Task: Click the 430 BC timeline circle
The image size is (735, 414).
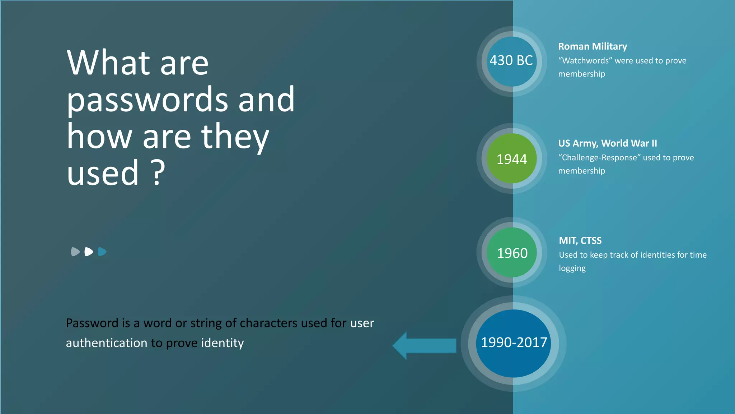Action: pos(511,61)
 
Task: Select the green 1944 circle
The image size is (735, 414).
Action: pos(512,158)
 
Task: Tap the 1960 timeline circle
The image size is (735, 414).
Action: pos(512,253)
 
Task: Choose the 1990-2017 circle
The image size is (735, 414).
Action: pos(514,343)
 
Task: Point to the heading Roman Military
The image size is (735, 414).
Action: pos(593,46)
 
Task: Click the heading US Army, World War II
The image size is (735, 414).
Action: pos(607,143)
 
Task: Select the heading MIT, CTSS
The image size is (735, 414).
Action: pos(580,240)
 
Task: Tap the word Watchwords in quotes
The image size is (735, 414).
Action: pos(585,61)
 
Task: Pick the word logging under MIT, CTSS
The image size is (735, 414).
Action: pos(572,268)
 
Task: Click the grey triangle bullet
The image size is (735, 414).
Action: pos(75,252)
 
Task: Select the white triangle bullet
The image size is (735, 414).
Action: pos(89,252)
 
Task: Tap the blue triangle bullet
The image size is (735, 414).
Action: pos(102,252)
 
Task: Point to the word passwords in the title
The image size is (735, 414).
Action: pos(147,100)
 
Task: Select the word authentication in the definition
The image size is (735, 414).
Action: pos(106,343)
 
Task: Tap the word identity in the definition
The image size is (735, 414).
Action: pos(223,343)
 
